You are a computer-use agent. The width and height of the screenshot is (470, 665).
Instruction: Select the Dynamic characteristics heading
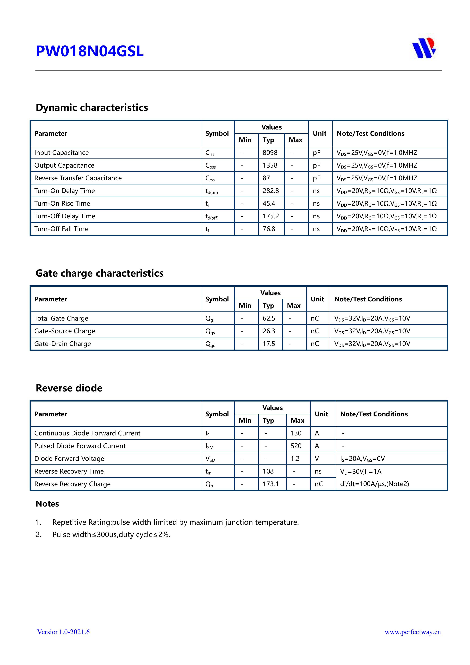point(92,107)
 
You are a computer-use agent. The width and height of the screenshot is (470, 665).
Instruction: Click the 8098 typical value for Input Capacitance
point(270,153)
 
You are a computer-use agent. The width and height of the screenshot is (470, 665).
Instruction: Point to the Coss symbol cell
point(211,166)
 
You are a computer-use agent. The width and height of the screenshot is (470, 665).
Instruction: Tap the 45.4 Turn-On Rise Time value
point(269,204)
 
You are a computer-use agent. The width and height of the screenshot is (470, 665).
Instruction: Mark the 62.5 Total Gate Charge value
point(269,318)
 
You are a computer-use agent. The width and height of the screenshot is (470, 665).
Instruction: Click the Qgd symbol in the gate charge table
point(210,344)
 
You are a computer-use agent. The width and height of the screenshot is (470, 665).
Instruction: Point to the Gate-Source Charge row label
point(65,331)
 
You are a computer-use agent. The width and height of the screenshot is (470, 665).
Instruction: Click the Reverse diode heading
point(69,388)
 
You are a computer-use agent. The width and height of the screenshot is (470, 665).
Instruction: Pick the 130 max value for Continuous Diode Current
point(296,433)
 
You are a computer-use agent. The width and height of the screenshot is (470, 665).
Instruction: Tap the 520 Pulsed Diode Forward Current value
point(296,446)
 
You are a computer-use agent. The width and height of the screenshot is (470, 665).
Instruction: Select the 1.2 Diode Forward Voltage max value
point(295,459)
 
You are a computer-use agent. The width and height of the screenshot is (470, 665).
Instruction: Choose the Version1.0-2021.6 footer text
point(63,632)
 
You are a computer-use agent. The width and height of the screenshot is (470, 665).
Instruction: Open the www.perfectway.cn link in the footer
point(412,632)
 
